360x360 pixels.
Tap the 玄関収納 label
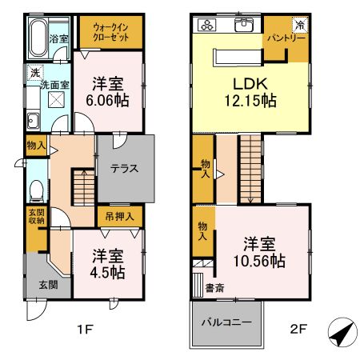tap(37, 217)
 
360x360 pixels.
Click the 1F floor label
tap(85, 327)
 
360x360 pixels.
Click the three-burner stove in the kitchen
tap(207, 25)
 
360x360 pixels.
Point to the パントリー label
tap(286, 38)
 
